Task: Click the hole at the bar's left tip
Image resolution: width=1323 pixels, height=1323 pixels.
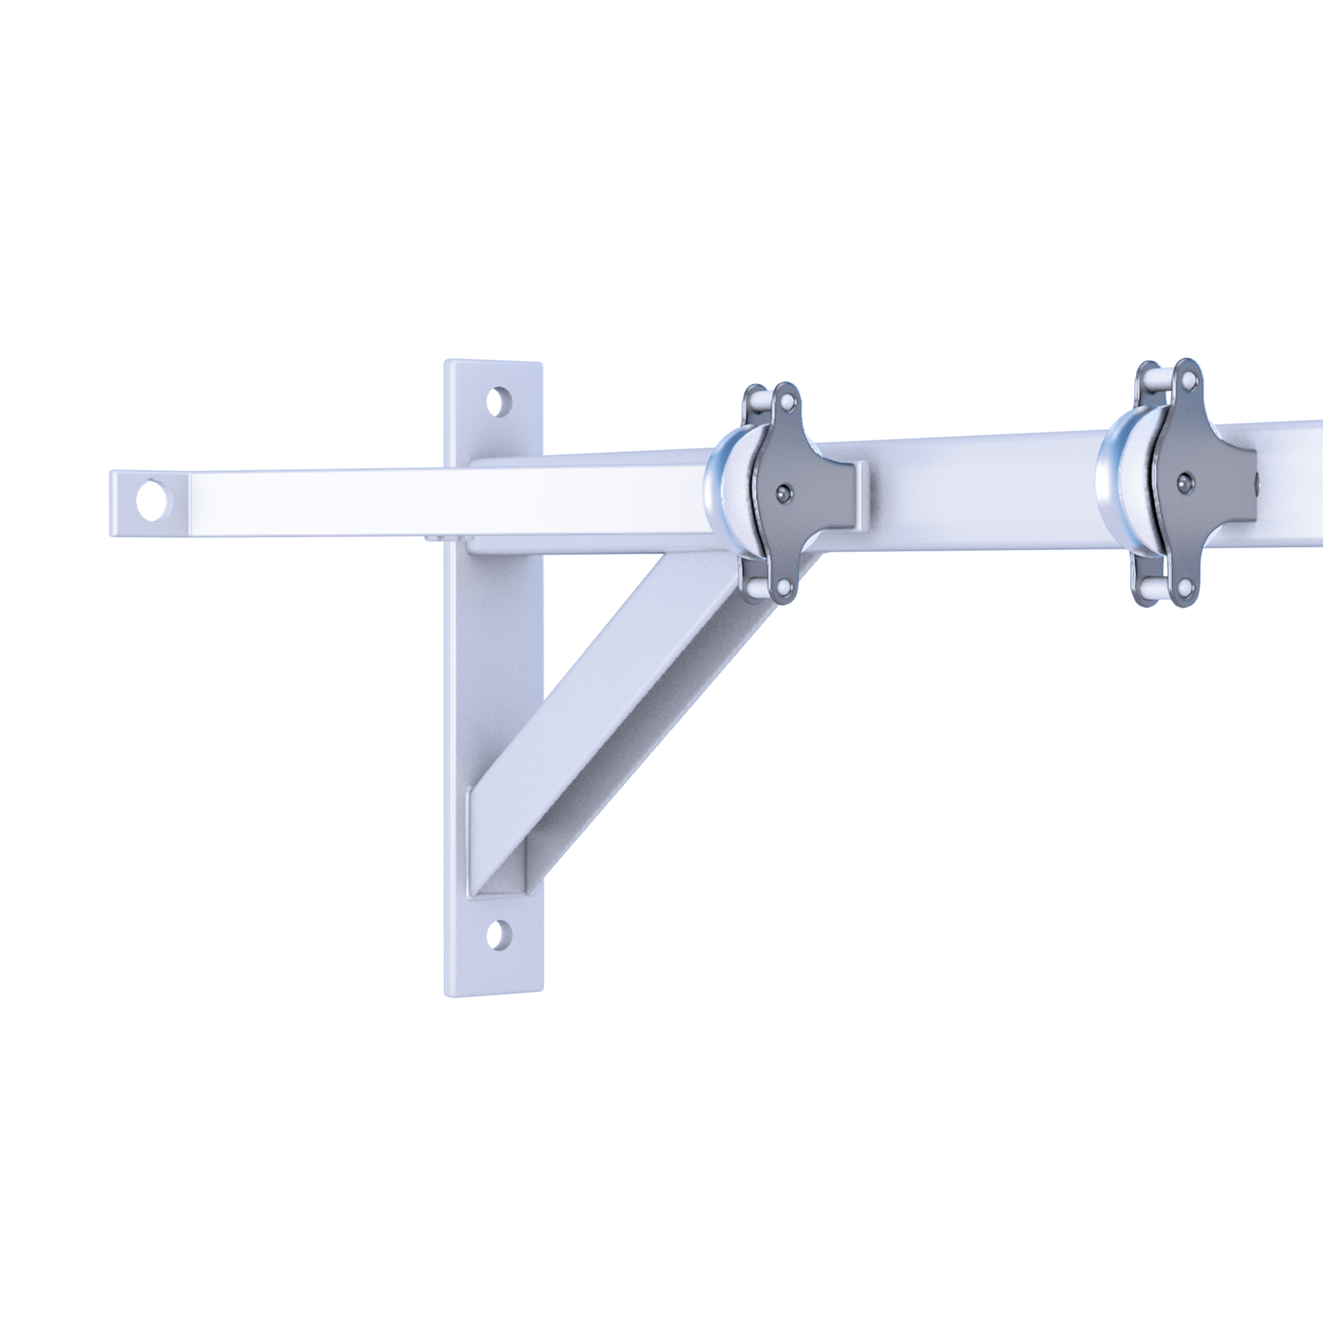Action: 151,501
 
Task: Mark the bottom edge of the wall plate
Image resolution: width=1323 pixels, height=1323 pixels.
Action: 493,993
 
